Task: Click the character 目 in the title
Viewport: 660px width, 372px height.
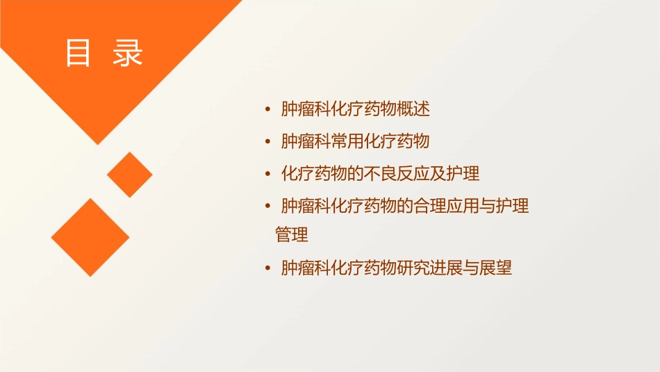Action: point(78,54)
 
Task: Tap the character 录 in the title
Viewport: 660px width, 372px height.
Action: point(128,54)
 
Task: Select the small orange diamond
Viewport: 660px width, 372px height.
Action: point(130,175)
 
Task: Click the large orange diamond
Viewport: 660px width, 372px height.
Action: point(90,237)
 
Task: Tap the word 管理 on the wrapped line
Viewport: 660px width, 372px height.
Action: point(292,235)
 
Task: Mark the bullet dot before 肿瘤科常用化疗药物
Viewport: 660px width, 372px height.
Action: point(268,142)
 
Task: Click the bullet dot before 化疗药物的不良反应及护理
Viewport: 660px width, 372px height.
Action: point(268,174)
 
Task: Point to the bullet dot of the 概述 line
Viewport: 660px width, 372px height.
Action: point(268,110)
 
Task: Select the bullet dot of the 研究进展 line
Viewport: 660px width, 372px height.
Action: point(268,268)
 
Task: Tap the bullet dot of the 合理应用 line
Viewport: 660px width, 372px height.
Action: point(268,207)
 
